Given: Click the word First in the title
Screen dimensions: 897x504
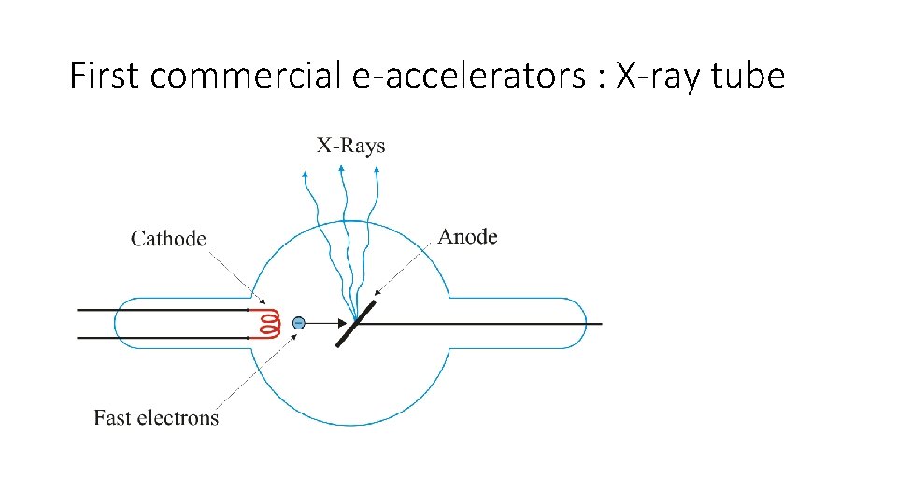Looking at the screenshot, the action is point(105,76).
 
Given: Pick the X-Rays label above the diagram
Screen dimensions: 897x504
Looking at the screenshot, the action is point(350,145).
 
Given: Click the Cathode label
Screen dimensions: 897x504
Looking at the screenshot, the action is point(168,239).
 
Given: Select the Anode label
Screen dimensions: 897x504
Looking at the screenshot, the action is point(467,237).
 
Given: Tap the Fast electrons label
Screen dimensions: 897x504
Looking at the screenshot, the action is point(156,417).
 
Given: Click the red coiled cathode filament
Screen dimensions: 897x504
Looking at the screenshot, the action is point(269,323).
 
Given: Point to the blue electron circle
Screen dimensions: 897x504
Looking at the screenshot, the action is point(297,323).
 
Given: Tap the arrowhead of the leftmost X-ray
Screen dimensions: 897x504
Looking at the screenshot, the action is point(306,173).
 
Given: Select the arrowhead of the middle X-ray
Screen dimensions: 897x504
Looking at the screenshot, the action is point(341,169).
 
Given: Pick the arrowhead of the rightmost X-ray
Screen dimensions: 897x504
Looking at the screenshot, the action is point(376,171).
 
